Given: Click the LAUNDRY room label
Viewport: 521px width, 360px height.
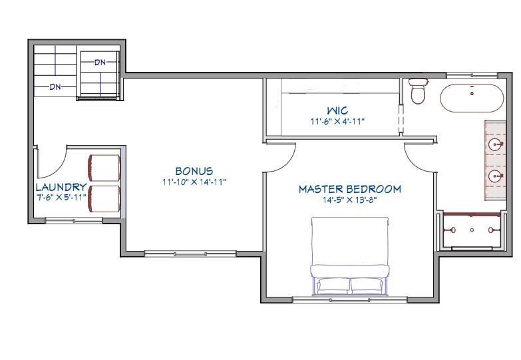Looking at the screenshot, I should click(61, 188).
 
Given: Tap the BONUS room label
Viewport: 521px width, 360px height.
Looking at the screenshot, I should click(194, 172).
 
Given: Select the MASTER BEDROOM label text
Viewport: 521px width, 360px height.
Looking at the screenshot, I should click(349, 189).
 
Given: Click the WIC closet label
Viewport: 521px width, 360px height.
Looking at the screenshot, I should click(337, 110).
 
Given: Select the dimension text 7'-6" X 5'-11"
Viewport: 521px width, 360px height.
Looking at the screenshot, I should click(61, 197).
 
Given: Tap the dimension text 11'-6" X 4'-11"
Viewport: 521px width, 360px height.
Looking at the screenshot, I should click(337, 121).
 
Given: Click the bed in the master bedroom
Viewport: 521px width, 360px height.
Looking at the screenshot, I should click(349, 256).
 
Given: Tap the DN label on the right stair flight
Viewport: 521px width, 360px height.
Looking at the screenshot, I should click(100, 63).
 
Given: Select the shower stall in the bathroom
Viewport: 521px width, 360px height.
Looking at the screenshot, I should click(472, 230).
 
